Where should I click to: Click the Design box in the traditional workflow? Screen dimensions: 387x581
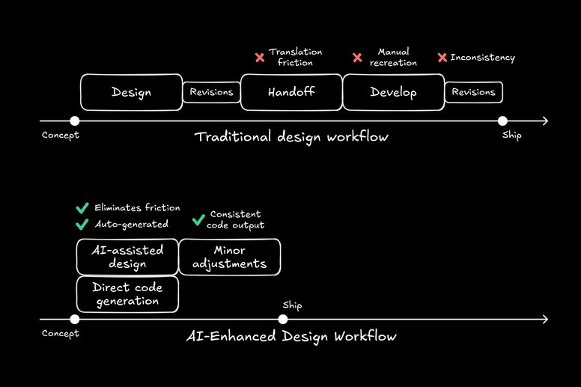click(x=131, y=92)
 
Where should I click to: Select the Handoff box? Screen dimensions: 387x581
click(x=291, y=92)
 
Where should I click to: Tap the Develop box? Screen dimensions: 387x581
click(x=393, y=92)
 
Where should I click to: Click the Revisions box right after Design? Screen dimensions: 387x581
click(x=212, y=92)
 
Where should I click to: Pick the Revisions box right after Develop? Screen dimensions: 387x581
click(x=473, y=92)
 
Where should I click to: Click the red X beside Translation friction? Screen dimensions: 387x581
click(x=260, y=58)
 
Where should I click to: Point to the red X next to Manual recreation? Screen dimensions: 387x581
click(x=357, y=58)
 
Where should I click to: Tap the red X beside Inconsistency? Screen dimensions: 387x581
click(x=442, y=58)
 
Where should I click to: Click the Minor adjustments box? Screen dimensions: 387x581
click(x=229, y=257)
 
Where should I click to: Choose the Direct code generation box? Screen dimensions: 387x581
click(x=127, y=294)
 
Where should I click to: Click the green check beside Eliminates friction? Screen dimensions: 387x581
click(x=82, y=208)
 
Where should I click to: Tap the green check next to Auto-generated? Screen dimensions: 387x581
click(x=82, y=223)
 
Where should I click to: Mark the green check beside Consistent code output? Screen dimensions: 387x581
click(x=198, y=219)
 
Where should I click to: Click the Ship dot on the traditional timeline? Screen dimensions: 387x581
click(x=502, y=121)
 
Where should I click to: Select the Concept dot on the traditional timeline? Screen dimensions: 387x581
click(x=74, y=121)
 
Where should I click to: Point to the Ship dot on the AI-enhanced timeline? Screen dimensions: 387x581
click(x=282, y=320)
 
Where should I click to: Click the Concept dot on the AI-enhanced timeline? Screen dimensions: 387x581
click(x=74, y=320)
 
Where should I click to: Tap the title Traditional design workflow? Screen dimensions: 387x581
click(x=291, y=137)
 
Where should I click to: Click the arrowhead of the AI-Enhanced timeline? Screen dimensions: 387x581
click(x=545, y=320)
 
